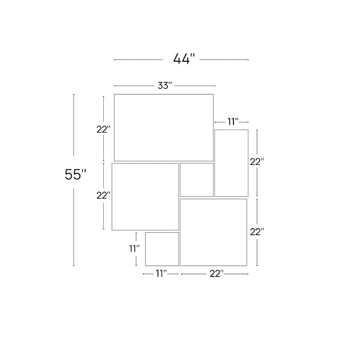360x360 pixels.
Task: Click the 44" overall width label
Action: (x=184, y=59)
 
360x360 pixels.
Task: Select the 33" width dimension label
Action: (x=165, y=86)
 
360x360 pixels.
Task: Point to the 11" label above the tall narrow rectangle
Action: (x=233, y=122)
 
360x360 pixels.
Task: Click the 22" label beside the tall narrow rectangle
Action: (x=256, y=162)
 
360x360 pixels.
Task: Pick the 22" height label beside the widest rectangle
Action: (x=104, y=130)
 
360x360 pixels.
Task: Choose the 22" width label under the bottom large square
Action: (x=217, y=274)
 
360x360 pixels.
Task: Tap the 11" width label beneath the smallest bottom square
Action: (x=161, y=274)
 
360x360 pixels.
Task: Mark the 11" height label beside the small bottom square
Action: (x=134, y=248)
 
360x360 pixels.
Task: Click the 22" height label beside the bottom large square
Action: (x=256, y=232)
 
